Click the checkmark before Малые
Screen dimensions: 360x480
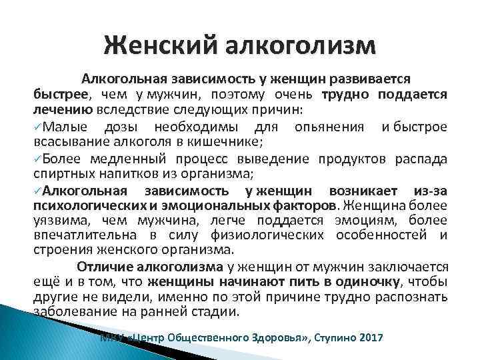click(x=38, y=126)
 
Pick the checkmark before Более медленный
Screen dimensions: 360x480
click(x=38, y=158)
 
